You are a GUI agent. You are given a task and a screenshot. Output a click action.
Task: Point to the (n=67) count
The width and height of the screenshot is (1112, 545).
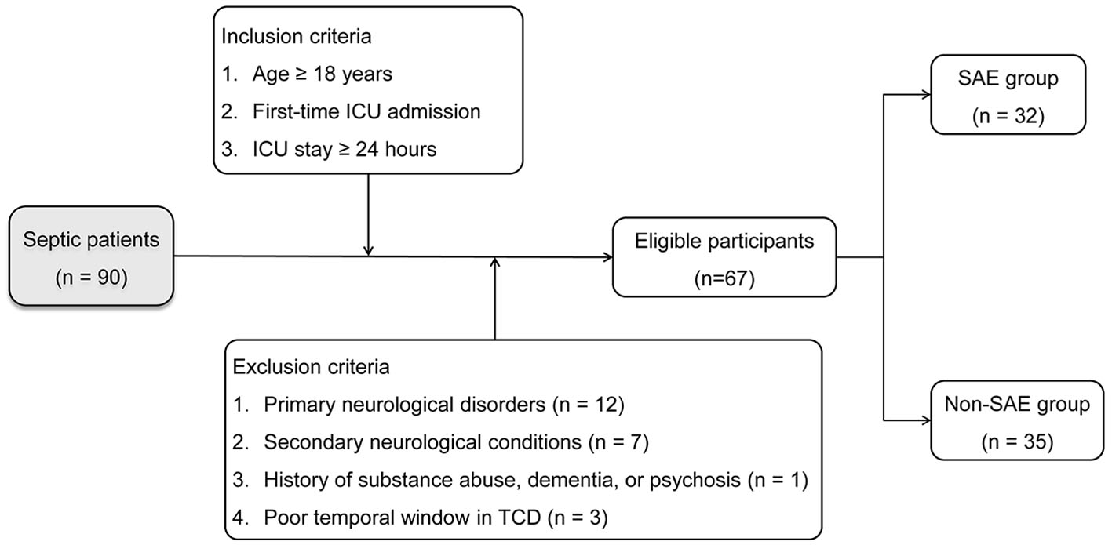724,279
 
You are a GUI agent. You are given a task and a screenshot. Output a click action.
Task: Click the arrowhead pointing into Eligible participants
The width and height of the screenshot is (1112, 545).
607,256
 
